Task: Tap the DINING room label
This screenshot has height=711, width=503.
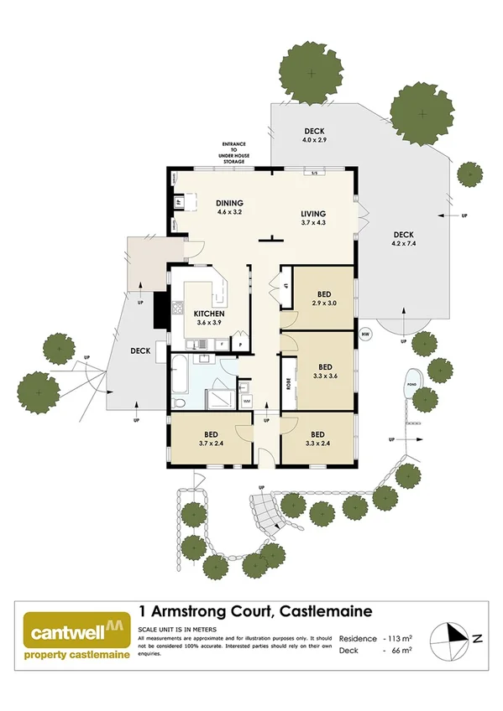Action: coord(228,203)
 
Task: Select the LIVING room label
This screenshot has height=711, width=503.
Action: coord(314,213)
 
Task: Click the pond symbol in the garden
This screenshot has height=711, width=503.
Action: coord(412,381)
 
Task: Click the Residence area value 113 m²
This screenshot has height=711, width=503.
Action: coord(398,638)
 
